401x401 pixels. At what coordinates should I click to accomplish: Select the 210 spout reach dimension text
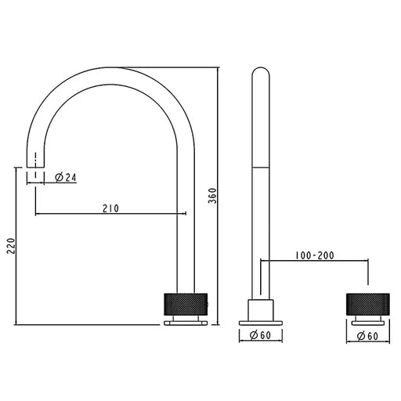pyautogui.click(x=110, y=208)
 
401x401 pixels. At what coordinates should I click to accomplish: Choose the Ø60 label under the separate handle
pyautogui.click(x=367, y=337)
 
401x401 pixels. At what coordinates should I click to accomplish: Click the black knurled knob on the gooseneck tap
pyautogui.click(x=186, y=303)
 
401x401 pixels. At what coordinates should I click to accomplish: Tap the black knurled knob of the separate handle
pyautogui.click(x=367, y=303)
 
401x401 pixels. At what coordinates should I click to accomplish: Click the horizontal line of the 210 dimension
pyautogui.click(x=110, y=215)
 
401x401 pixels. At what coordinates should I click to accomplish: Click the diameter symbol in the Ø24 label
pyautogui.click(x=60, y=178)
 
